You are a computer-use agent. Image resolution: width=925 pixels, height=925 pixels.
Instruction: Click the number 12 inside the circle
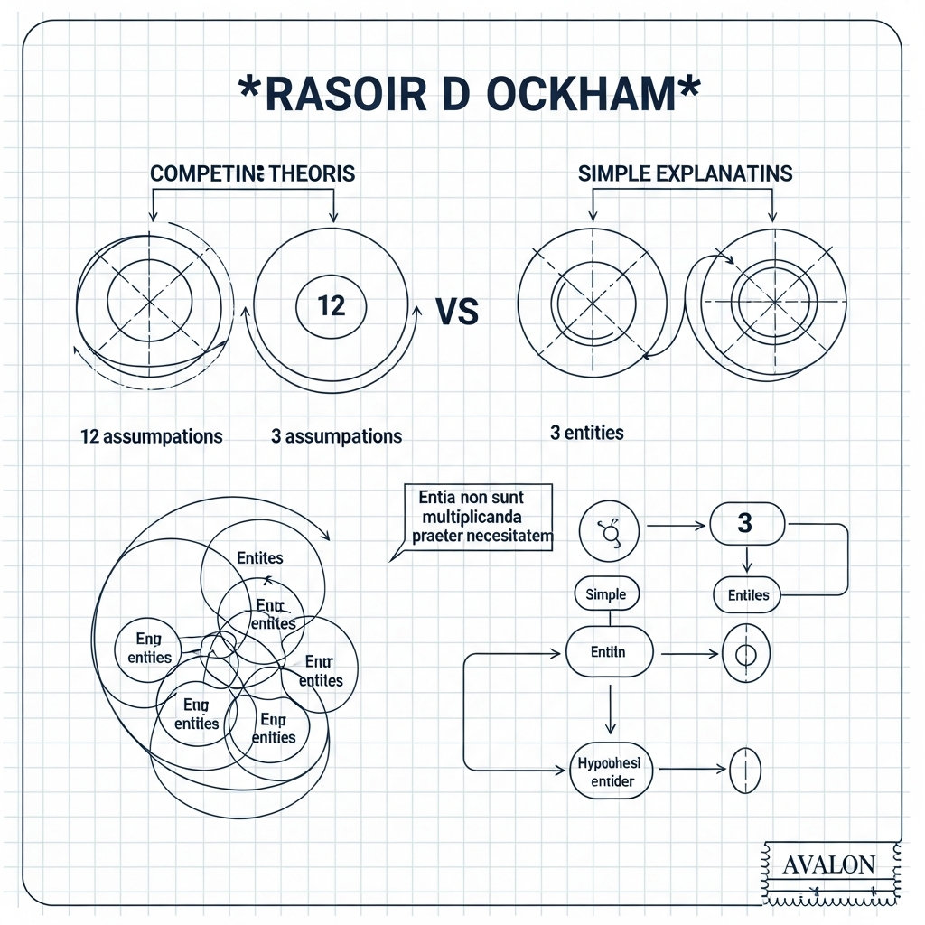point(332,305)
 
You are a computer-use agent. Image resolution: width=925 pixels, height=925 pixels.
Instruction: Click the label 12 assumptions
point(151,436)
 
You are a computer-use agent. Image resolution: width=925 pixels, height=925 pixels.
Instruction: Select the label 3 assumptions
point(336,436)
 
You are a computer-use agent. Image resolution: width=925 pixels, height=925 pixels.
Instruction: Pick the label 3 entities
point(586,433)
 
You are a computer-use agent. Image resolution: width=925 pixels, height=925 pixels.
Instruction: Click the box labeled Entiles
point(748,594)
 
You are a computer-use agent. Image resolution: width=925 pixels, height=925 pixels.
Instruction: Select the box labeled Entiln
point(610,651)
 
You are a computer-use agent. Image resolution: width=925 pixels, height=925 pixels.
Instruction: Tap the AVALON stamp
point(828,864)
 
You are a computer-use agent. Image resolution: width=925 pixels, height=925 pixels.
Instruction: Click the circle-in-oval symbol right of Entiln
point(745,653)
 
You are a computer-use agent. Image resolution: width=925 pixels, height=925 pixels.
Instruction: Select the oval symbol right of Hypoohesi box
point(744,771)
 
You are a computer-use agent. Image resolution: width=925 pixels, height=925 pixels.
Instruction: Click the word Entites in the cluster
point(259,558)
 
